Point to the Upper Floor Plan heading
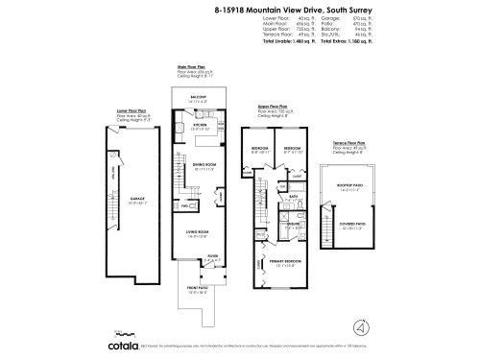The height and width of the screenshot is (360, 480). coord(275,108)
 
